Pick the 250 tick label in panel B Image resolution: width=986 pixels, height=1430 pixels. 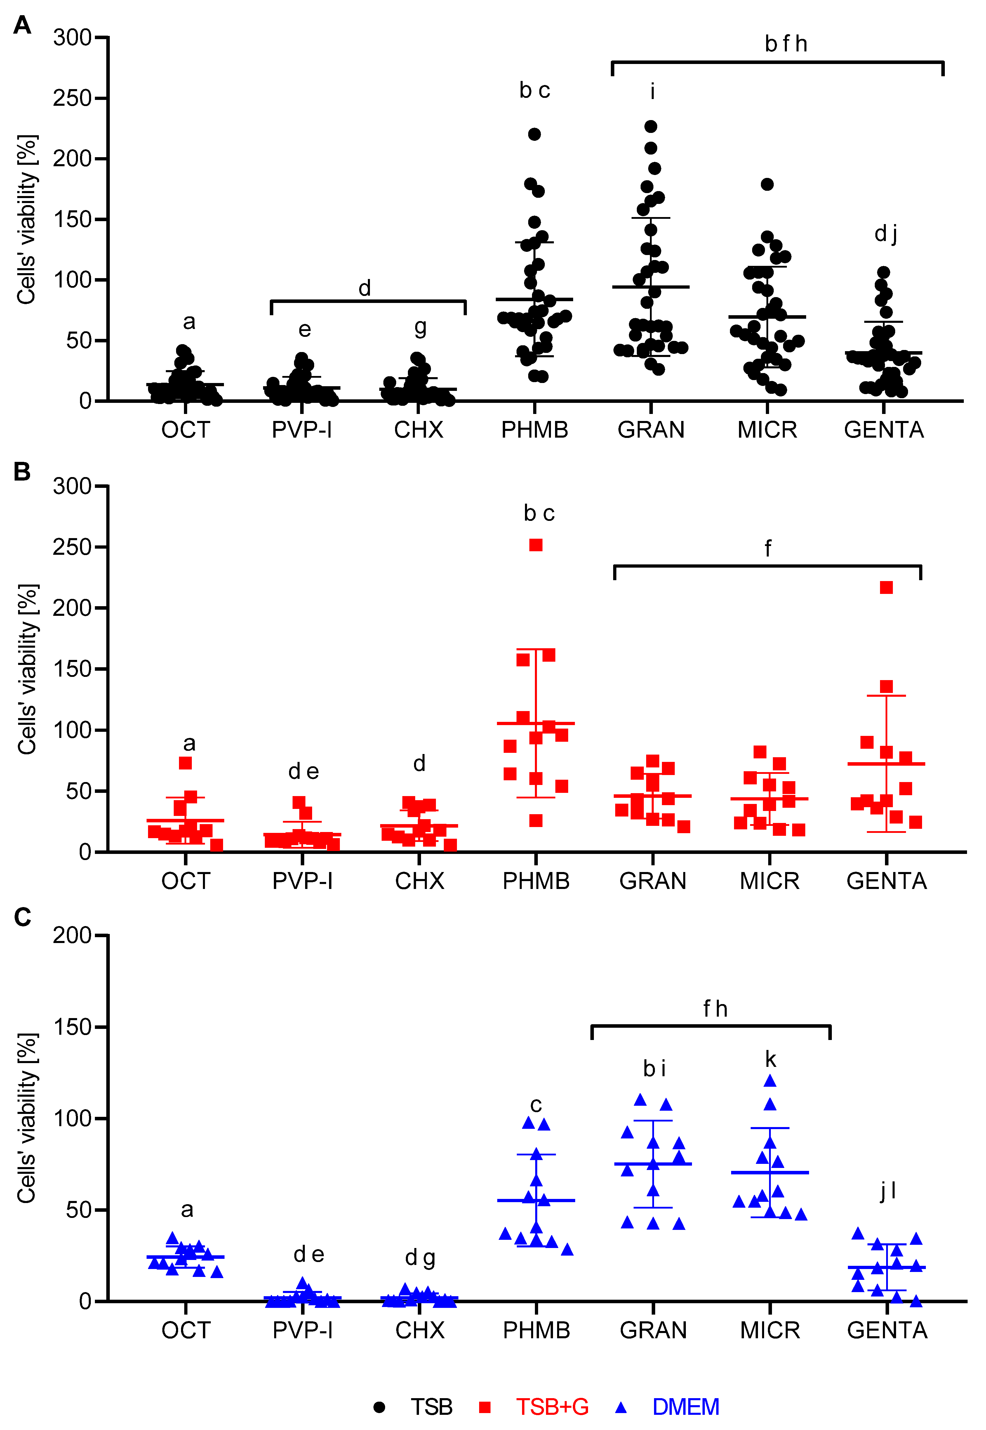72,547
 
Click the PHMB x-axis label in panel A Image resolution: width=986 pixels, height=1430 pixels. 534,429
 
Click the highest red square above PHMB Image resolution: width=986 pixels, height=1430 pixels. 535,545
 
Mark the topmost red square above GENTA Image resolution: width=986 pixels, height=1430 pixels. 886,587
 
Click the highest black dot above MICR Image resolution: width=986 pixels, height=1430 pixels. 767,184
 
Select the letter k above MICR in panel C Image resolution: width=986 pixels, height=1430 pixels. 771,1059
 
